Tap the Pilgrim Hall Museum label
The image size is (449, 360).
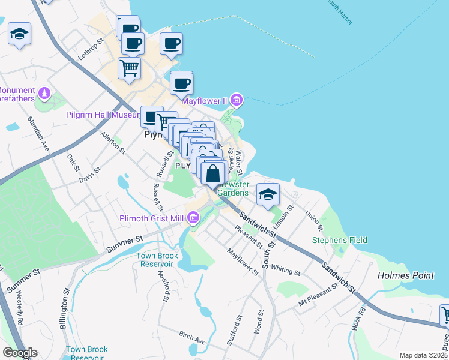[103, 115]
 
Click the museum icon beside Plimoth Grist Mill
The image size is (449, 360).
[193, 217]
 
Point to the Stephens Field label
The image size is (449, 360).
[339, 240]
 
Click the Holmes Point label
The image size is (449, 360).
[406, 275]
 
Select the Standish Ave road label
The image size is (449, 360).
[37, 134]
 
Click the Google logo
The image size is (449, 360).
[20, 353]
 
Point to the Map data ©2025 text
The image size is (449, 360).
[424, 355]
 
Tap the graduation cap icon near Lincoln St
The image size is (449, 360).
[268, 193]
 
